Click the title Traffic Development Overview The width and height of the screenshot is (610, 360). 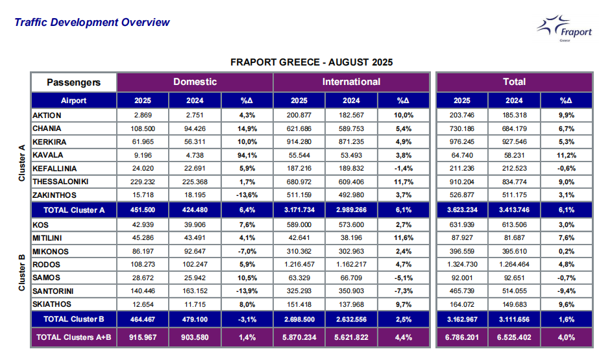click(x=92, y=23)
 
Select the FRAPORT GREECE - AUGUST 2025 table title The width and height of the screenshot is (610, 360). click(x=311, y=63)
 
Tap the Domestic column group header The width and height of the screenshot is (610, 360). click(x=195, y=82)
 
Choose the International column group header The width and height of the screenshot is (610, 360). click(x=351, y=82)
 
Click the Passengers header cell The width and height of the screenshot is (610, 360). click(x=73, y=82)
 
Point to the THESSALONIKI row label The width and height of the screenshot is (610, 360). click(x=60, y=181)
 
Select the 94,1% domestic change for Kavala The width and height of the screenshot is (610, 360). click(x=247, y=155)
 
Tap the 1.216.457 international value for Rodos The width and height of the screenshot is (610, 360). click(x=299, y=265)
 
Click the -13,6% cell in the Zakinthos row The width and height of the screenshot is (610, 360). click(x=247, y=194)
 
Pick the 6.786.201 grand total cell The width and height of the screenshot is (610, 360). click(x=462, y=338)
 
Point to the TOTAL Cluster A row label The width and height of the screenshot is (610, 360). click(x=73, y=210)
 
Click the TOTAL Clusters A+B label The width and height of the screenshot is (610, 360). click(x=73, y=338)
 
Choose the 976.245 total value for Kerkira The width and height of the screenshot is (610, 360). click(x=462, y=142)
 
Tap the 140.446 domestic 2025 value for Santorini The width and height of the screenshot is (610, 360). click(x=143, y=291)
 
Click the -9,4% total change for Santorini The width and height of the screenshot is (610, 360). click(x=566, y=291)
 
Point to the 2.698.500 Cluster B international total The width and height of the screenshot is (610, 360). click(x=299, y=319)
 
